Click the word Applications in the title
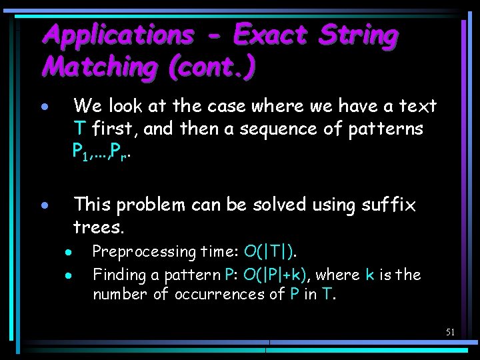pos(118,35)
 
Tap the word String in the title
pos(358,35)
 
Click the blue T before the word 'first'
pos(79,128)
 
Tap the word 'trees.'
pos(99,227)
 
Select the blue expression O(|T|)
pos(271,252)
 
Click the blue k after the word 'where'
pos(370,275)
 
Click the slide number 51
pos(450,331)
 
